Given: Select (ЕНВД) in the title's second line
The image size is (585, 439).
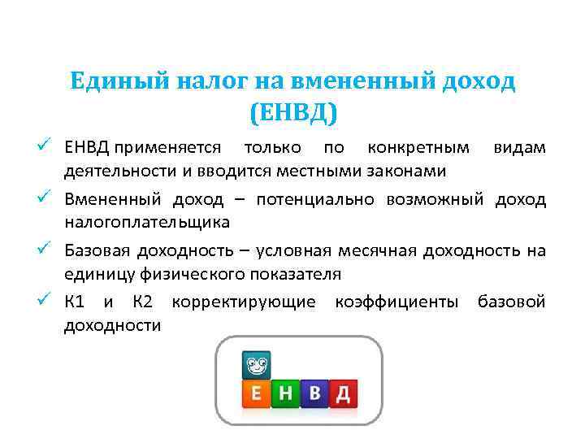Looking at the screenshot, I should [292, 112].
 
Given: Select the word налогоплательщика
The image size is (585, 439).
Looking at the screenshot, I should [147, 222].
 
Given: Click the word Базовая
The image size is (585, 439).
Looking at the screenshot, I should [97, 250].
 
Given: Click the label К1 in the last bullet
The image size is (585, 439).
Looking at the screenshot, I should [76, 302].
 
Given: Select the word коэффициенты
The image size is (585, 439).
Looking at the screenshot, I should [397, 302].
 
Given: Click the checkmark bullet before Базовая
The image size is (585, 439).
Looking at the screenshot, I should [47, 249].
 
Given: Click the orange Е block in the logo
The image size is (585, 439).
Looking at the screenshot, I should [257, 393].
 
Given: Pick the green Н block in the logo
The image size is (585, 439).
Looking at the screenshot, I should [285, 393].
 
